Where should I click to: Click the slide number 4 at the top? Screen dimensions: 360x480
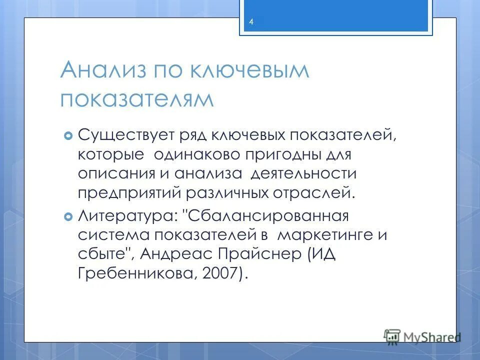click(251, 22)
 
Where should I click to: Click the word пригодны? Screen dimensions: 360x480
click(282, 154)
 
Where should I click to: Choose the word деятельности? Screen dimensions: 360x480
click(303, 173)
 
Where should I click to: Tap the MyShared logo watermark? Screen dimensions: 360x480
click(422, 336)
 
